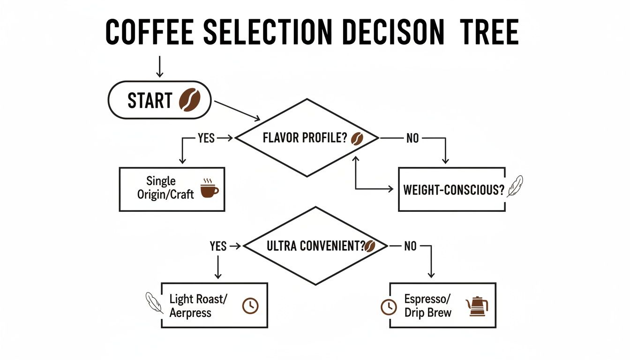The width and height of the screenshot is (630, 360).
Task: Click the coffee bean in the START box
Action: (x=189, y=100)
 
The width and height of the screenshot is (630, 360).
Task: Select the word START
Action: (x=150, y=101)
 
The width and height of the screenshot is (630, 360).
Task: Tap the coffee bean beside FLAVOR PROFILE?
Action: (x=357, y=138)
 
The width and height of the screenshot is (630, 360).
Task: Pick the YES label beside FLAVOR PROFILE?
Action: (x=206, y=138)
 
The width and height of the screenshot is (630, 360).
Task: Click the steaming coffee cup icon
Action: (x=209, y=187)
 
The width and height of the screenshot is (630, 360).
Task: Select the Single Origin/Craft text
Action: (x=165, y=187)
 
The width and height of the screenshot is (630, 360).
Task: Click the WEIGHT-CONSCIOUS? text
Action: (x=453, y=190)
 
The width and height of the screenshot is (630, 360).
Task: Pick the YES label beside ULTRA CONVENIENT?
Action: (x=218, y=246)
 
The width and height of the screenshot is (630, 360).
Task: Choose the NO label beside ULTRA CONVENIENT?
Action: (x=410, y=246)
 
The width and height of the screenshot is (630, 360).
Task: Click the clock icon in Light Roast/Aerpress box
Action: (x=250, y=305)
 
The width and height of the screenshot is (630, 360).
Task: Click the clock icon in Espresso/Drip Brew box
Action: (x=388, y=307)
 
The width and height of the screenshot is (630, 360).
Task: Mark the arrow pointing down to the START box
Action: (x=159, y=67)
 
